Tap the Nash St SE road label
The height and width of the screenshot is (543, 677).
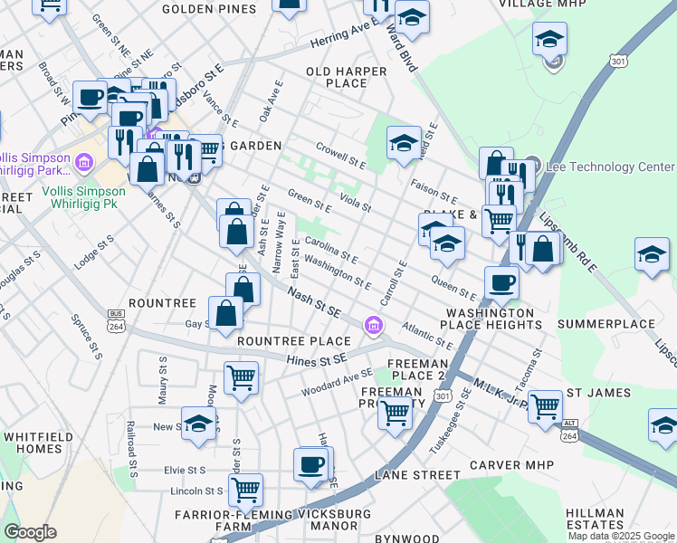click(314, 302)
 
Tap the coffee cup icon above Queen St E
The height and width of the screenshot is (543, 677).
click(501, 282)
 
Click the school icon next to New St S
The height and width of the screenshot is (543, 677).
click(199, 424)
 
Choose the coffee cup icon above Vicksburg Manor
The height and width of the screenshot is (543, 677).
click(310, 465)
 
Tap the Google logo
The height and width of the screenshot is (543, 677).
click(30, 533)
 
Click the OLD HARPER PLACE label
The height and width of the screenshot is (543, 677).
click(337, 77)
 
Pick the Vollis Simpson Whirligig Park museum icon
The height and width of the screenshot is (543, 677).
click(84, 164)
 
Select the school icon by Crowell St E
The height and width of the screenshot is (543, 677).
click(404, 142)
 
